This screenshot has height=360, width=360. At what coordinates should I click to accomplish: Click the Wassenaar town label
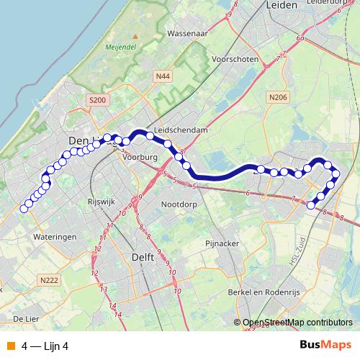point(187,33)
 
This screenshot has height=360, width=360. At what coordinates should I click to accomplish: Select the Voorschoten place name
point(235,59)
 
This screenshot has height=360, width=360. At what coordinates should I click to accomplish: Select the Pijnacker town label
point(221,243)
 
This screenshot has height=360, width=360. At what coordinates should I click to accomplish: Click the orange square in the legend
point(11,346)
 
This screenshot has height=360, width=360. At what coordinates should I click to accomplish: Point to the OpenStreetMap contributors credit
point(297,323)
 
